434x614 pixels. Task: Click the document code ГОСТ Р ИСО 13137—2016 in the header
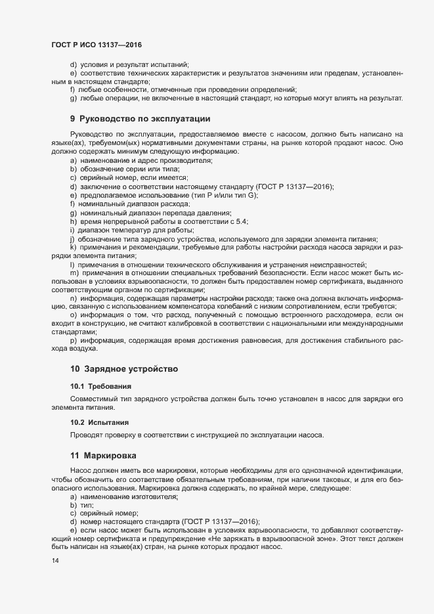click(x=97, y=45)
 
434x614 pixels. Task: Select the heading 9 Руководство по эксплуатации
click(x=140, y=119)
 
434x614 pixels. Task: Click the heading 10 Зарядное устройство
click(x=124, y=369)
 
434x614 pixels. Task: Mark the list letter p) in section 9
click(x=73, y=340)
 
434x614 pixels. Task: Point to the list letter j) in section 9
click(x=72, y=238)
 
